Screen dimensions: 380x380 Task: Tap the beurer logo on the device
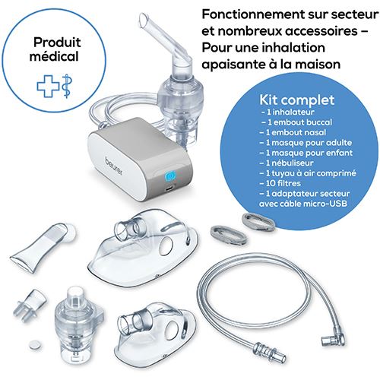click(x=114, y=166)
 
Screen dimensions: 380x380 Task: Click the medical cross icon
click(x=48, y=87)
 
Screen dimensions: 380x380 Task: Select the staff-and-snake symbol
click(x=67, y=86)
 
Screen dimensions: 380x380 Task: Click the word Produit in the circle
click(x=57, y=42)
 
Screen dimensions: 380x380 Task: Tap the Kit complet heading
click(x=297, y=100)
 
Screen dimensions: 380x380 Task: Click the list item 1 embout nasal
click(x=293, y=132)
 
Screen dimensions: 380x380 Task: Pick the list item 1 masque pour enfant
click(x=306, y=153)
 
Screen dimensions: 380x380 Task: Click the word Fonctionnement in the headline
click(x=254, y=14)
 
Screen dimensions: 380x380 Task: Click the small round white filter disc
click(x=35, y=345)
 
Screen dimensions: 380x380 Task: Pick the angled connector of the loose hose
click(x=333, y=340)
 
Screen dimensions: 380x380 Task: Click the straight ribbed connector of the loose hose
click(x=270, y=352)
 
